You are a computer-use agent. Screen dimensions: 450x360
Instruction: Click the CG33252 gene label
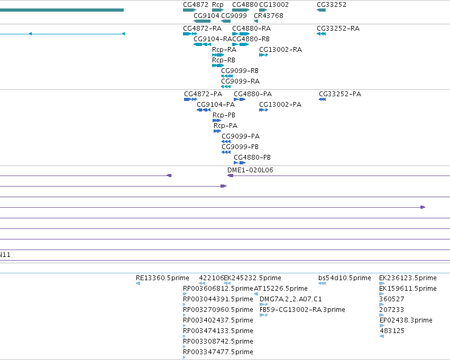(332, 5)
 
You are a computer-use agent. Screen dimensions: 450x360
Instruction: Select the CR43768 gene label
(269, 15)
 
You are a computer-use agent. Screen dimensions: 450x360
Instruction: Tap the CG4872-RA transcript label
(203, 29)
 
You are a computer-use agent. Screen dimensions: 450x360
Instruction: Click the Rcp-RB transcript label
(224, 60)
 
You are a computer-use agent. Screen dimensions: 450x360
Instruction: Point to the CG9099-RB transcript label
(240, 70)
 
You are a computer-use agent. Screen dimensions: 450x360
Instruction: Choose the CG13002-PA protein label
(280, 105)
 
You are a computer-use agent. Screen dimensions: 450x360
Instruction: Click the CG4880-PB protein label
(252, 157)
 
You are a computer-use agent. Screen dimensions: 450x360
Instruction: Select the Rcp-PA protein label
(226, 126)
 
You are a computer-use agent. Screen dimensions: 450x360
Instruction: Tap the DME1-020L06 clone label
(250, 170)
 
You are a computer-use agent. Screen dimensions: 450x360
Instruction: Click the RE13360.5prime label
(162, 278)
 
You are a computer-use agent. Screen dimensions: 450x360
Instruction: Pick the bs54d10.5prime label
(345, 278)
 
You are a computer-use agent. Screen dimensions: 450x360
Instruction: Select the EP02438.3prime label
(406, 320)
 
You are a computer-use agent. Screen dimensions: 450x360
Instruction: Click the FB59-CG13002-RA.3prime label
(302, 309)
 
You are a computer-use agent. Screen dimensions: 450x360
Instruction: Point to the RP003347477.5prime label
(218, 352)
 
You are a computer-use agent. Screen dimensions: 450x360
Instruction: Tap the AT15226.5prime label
(281, 288)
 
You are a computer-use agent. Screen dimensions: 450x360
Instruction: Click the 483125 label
(392, 331)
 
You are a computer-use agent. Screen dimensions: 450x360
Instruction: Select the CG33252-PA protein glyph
(322, 99)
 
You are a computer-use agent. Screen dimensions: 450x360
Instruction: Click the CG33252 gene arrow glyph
(321, 10)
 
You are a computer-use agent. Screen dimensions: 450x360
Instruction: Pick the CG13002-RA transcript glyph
(263, 55)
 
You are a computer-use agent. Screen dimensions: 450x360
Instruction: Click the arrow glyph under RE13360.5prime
(138, 283)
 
